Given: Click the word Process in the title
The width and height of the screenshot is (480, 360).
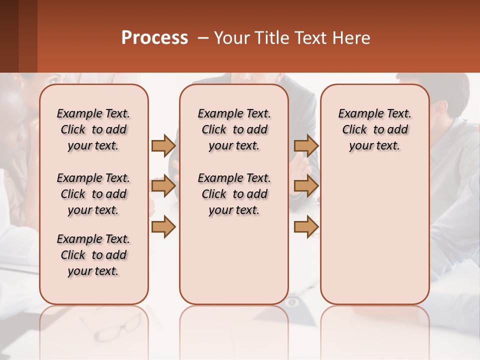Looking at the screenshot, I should click(154, 38).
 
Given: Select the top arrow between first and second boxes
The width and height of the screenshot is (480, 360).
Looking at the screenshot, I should click(163, 145).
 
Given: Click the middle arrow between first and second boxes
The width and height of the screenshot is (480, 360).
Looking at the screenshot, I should click(163, 186).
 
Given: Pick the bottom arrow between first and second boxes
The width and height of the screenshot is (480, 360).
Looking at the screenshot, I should click(163, 227).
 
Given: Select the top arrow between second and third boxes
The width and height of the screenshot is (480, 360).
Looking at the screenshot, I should click(306, 145).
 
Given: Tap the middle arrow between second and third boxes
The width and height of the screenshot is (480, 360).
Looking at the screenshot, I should click(306, 186).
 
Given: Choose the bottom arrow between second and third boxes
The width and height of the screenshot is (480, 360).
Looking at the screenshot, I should click(306, 227).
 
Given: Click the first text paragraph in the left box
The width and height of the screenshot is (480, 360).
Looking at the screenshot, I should click(93, 129).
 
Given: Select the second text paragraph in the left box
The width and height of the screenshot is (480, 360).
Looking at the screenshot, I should click(93, 194).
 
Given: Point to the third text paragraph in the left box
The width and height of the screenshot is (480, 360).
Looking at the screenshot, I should click(93, 255).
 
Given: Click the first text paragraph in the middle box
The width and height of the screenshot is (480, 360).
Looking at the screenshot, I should click(234, 129).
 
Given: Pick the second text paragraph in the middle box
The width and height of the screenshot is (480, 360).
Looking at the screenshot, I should click(234, 194).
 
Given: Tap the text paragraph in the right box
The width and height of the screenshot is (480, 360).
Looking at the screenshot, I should click(374, 129).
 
